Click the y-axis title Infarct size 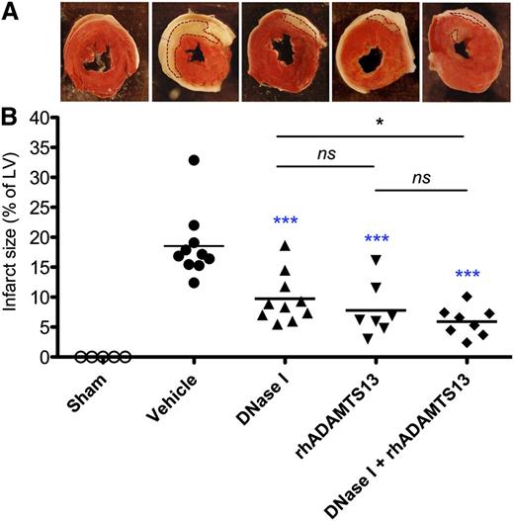(14, 237)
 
